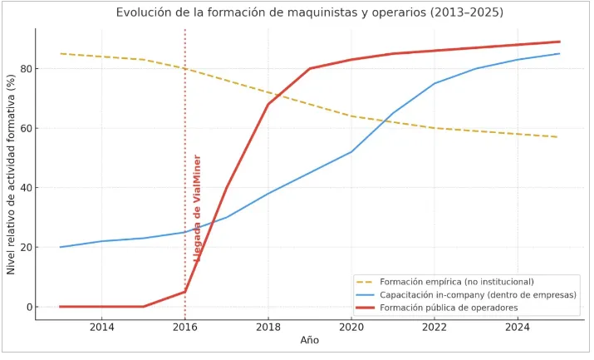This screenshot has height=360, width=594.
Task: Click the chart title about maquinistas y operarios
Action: [309, 12]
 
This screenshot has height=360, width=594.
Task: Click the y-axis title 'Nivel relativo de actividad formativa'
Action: [11, 174]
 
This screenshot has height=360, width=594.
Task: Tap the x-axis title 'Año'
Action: [309, 340]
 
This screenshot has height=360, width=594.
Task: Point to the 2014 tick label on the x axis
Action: [102, 328]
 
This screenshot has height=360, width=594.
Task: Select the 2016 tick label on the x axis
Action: [185, 328]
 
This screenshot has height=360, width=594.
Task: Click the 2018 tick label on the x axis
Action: [268, 328]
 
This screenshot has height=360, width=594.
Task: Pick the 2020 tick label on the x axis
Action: [351, 328]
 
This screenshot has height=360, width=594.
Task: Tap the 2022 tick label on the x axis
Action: [434, 328]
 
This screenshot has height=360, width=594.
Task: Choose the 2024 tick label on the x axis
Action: [518, 328]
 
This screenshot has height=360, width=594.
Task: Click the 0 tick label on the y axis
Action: [27, 307]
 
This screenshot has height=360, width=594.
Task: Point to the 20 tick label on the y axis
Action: [24, 247]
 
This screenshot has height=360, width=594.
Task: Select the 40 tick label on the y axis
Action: [24, 188]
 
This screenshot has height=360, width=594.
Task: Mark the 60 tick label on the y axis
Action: [24, 128]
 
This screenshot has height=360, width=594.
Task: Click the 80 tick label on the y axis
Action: [24, 68]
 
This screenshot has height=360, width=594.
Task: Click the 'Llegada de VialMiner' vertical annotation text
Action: [198, 208]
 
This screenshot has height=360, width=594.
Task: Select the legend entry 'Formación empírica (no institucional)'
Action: [456, 282]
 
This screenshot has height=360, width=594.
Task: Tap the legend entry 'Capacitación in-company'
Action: [478, 295]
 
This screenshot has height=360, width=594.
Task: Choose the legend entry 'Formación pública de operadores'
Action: [448, 308]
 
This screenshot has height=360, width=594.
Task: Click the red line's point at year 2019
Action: [310, 68]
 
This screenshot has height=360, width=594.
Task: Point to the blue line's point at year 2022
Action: [434, 83]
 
